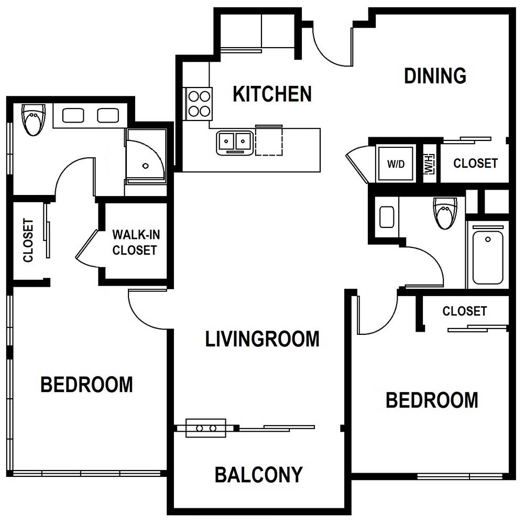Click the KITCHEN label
[272, 94]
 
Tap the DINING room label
[435, 75]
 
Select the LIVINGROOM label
[263, 339]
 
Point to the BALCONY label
[259, 475]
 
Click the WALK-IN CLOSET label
[136, 242]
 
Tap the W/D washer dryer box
[396, 163]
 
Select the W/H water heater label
[430, 163]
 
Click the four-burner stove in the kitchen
[199, 104]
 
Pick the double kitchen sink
[235, 143]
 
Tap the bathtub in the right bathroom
[488, 255]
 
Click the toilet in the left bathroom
[34, 119]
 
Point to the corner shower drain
[145, 166]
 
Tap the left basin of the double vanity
[73, 116]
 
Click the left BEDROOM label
[86, 385]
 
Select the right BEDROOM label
[432, 400]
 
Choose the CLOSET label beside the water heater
[475, 163]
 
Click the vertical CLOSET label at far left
[28, 240]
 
